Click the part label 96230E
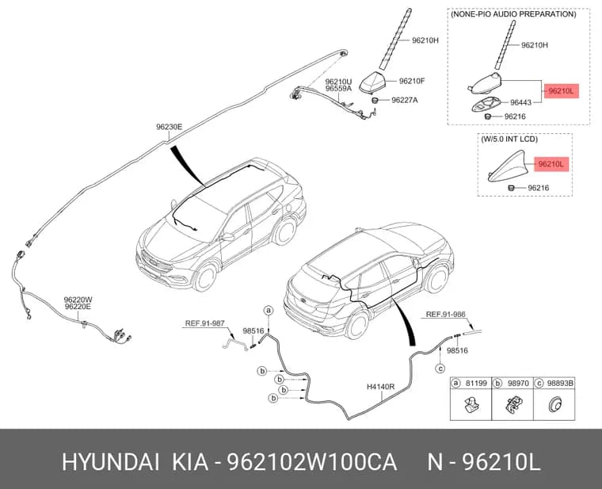tap(169, 127)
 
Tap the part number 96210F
tap(412, 81)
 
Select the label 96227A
tap(405, 101)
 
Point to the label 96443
tap(520, 102)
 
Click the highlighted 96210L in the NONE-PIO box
tap(561, 91)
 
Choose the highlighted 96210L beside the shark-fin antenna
tap(551, 164)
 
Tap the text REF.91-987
tap(204, 323)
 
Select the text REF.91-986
tap(445, 315)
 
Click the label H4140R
tap(380, 387)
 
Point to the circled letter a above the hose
tap(269, 310)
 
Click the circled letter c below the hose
tap(440, 369)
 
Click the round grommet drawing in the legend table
tap(554, 405)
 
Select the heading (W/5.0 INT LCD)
tap(509, 139)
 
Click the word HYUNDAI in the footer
tap(111, 462)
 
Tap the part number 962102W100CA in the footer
tap(312, 462)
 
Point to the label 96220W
tap(78, 300)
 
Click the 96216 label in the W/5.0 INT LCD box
tap(539, 188)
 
